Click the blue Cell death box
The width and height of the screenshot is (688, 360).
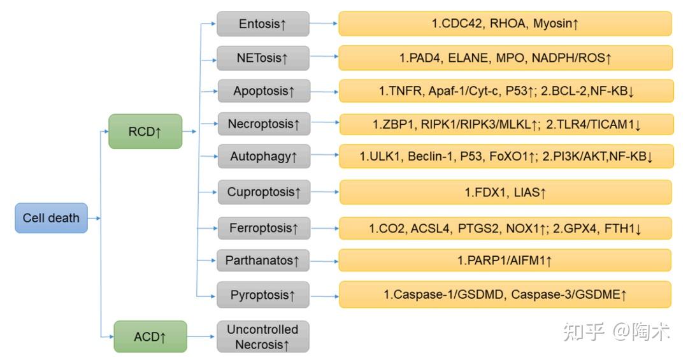(x=51, y=218)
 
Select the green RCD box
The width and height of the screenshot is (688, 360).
(x=145, y=132)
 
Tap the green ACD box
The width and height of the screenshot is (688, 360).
(x=150, y=336)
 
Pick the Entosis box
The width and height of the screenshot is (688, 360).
(x=262, y=24)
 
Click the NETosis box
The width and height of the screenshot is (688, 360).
(x=262, y=58)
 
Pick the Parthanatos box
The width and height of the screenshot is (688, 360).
(x=262, y=260)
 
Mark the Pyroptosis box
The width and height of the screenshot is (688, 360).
(x=262, y=296)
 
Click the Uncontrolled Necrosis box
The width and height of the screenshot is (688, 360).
(x=262, y=336)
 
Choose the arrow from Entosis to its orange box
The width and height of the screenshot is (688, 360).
(x=324, y=24)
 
